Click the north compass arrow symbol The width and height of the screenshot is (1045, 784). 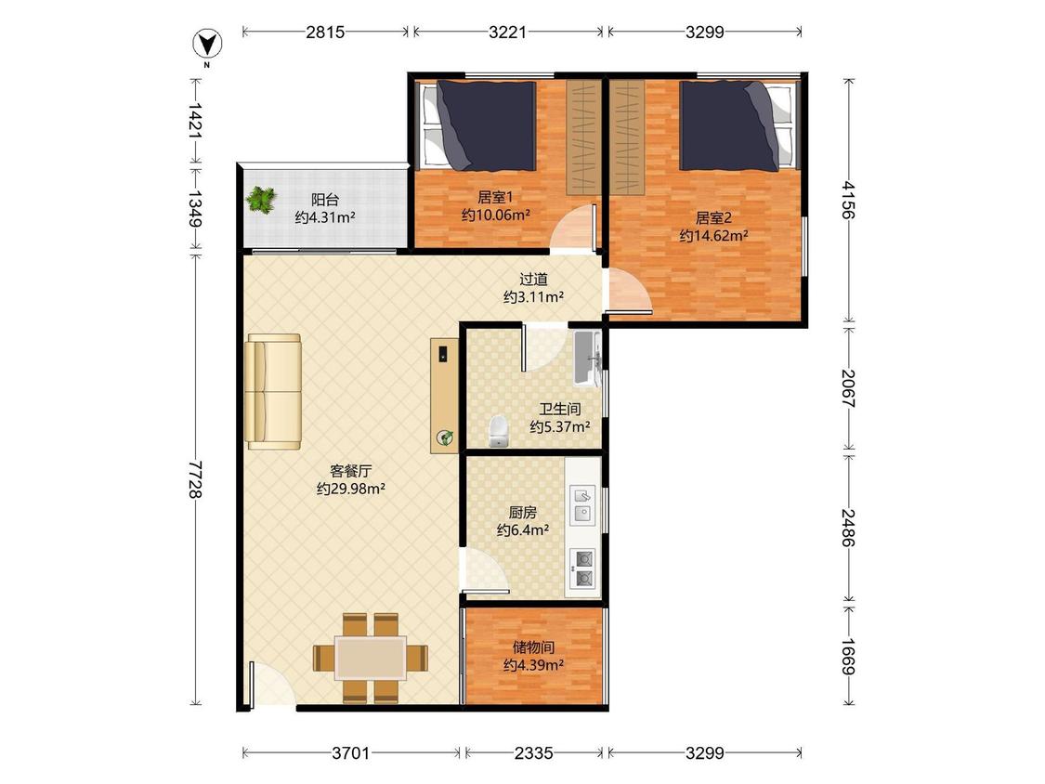(x=207, y=44)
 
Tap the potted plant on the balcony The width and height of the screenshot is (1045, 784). (x=261, y=200)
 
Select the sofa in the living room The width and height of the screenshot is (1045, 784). (x=272, y=391)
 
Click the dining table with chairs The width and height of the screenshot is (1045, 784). (x=371, y=658)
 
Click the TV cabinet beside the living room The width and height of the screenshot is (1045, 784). (x=445, y=396)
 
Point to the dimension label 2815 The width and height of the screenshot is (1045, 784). (x=325, y=32)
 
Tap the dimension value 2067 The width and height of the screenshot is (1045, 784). (x=847, y=388)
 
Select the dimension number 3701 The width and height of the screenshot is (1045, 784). (x=350, y=752)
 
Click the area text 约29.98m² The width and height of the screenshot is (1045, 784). (x=351, y=489)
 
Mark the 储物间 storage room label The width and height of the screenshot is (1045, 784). (x=534, y=647)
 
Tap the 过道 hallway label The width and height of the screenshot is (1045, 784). (x=534, y=280)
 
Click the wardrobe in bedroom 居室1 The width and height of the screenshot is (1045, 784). (x=581, y=138)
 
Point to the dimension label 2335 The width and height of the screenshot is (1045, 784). (x=534, y=752)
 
